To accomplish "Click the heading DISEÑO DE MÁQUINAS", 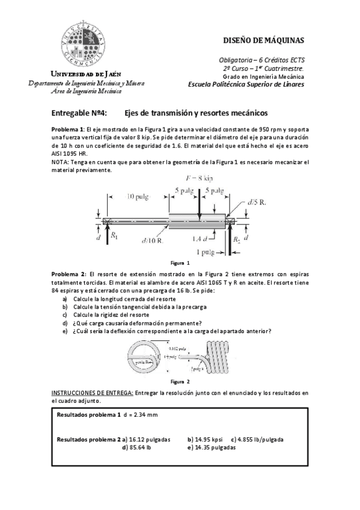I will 263,41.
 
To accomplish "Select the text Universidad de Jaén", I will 84,73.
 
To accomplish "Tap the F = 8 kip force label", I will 200,179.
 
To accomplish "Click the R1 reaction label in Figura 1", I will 114,236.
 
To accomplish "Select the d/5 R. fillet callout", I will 256,202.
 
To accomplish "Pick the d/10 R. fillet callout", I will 151,241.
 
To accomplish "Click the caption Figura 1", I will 180,263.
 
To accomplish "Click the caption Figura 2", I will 180,381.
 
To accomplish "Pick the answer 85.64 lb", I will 139,447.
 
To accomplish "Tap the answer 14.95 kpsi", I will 209,440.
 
